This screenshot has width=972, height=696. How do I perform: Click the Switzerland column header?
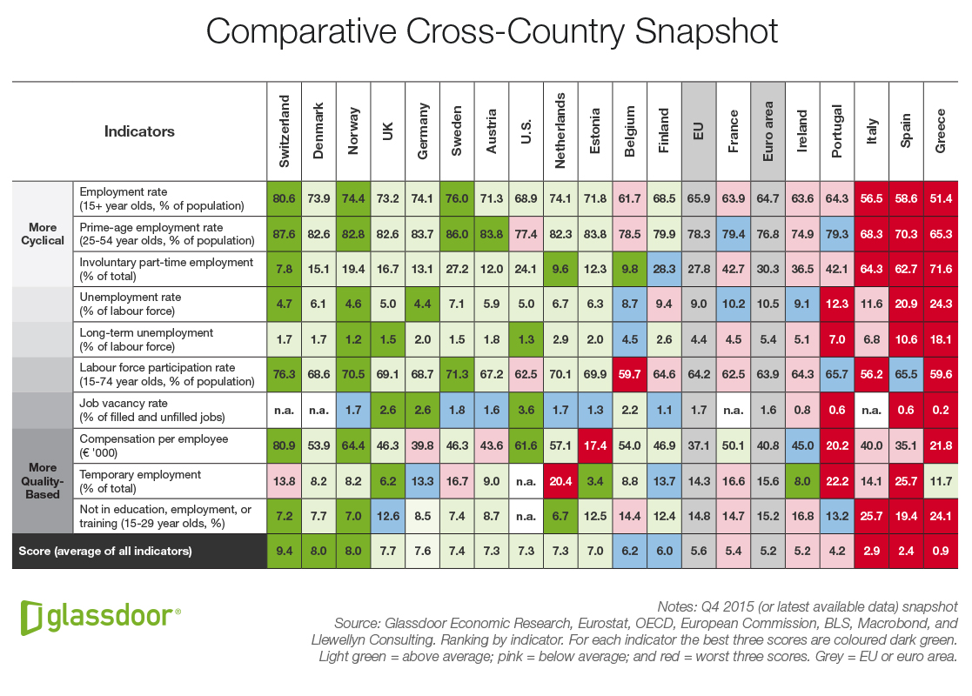(x=284, y=131)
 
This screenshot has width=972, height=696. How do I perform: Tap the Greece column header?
(x=941, y=131)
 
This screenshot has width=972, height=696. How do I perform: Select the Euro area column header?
(x=768, y=131)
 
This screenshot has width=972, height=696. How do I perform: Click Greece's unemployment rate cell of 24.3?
(x=941, y=304)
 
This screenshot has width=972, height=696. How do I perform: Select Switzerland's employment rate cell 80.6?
(x=284, y=198)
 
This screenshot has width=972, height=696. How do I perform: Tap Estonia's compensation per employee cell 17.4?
(x=594, y=445)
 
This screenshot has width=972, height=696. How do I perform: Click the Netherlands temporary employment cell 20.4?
(x=560, y=481)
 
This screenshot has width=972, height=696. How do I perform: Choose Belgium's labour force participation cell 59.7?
(x=630, y=375)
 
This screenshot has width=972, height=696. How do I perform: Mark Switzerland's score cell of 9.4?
(x=284, y=552)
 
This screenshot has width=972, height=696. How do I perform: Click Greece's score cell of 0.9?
(x=941, y=552)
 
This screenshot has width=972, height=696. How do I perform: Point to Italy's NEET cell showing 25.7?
(x=872, y=516)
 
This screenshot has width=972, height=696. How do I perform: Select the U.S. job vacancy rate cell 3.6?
(x=526, y=411)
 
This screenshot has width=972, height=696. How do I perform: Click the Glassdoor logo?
(x=100, y=616)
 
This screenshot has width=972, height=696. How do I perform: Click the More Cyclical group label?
(x=42, y=233)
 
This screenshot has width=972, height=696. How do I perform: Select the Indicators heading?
(x=139, y=131)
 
